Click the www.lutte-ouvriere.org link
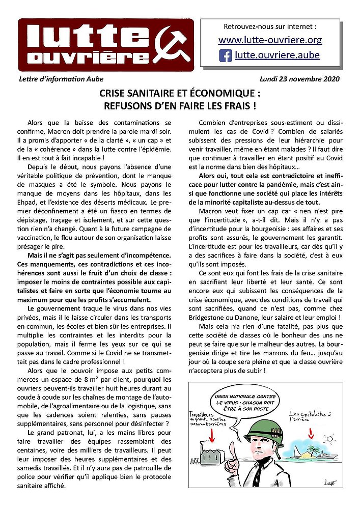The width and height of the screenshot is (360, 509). (270, 40)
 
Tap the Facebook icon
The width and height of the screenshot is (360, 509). (225, 55)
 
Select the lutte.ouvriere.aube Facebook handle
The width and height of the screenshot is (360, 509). (277, 55)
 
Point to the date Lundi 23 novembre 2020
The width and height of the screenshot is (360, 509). (299, 79)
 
